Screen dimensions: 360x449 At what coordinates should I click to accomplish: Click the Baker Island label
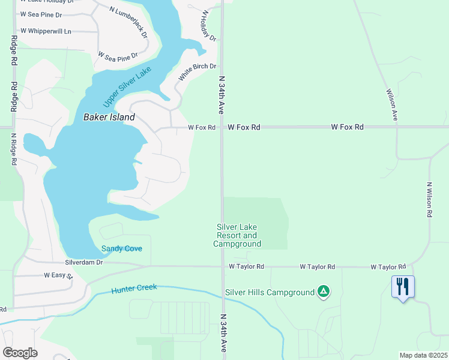(x=109, y=118)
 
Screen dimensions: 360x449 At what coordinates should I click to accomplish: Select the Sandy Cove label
(x=121, y=248)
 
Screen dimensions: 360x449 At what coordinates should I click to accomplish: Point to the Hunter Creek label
(x=134, y=289)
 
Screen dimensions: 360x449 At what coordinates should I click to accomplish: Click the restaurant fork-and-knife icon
(x=402, y=286)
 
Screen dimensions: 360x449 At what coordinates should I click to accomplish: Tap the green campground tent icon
(x=324, y=292)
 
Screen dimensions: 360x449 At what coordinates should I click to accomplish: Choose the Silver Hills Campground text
(x=270, y=293)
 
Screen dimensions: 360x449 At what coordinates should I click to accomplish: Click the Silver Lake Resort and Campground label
(x=238, y=235)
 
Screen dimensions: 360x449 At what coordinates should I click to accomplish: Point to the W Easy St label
(x=58, y=275)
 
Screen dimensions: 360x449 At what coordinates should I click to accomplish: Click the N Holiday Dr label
(x=208, y=25)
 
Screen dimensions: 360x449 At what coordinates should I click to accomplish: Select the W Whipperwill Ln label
(x=46, y=31)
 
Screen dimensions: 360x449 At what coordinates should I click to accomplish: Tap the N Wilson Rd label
(x=430, y=199)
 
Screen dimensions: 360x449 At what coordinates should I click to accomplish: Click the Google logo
(x=20, y=352)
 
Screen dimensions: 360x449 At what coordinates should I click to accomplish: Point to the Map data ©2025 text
(x=423, y=355)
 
